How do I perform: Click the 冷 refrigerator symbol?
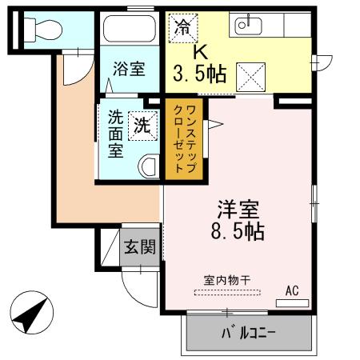[x=179, y=26]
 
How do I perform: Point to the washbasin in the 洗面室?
[x=148, y=166]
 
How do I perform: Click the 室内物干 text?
[x=227, y=280]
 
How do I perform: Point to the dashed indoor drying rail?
[x=227, y=292]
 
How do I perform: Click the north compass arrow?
[x=30, y=316]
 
